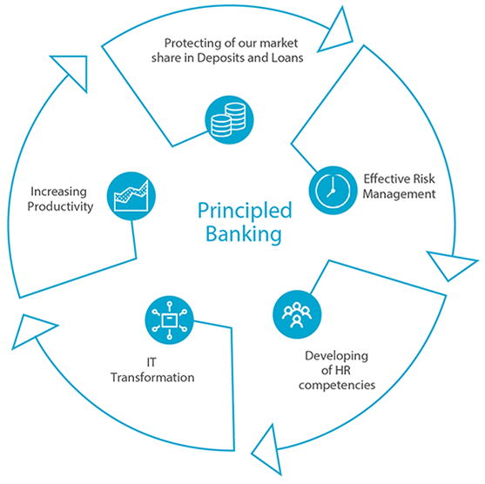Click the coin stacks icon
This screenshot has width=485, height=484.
pos(229,120)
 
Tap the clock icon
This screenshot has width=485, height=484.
pos(333,190)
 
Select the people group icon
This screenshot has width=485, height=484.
pos(297,314)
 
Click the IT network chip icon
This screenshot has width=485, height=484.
pos(169,320)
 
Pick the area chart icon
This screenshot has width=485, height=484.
pos(131,196)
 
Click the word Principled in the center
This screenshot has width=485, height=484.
pos(245,212)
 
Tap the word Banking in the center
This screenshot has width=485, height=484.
pos(244,234)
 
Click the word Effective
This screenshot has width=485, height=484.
pos(382,178)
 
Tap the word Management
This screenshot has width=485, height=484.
pos(399,194)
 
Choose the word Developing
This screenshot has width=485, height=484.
pos(336,356)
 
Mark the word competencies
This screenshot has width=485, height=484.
pos(337,386)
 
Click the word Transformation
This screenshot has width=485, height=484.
pos(152,377)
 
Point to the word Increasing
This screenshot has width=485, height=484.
pos(58,192)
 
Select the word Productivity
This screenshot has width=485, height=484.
pos(60,206)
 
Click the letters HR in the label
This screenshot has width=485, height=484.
pos(343,370)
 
